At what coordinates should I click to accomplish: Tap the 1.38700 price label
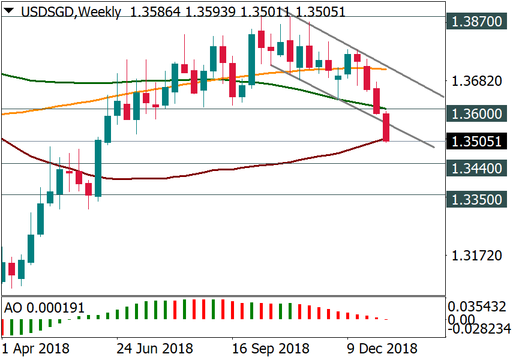click(x=476, y=22)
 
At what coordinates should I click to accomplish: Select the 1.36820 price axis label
click(x=476, y=81)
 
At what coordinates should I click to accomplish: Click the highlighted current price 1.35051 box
click(x=476, y=142)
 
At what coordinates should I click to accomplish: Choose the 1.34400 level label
click(x=476, y=169)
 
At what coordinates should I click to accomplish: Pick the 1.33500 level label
click(x=476, y=199)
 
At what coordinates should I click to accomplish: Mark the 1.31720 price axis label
click(x=476, y=256)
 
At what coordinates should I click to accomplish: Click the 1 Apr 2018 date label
click(x=35, y=349)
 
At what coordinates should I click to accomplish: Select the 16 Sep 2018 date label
click(x=271, y=349)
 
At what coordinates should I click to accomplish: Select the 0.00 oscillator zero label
click(x=463, y=318)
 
